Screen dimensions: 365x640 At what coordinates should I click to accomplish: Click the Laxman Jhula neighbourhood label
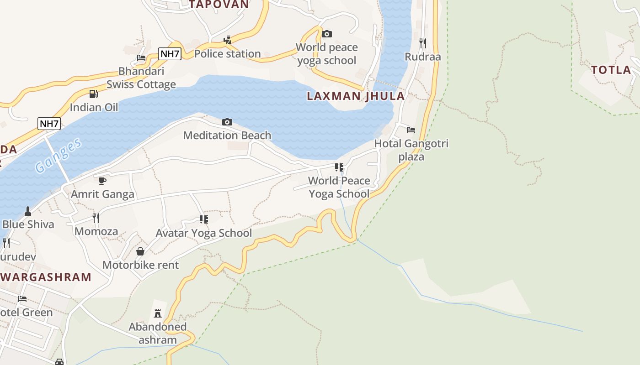(356, 96)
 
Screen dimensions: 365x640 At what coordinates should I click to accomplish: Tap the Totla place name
(611, 70)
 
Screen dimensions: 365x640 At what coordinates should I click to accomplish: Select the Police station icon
(227, 40)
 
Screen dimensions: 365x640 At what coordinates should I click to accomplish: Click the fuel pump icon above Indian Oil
(93, 94)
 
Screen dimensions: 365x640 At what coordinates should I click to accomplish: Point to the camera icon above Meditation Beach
(227, 122)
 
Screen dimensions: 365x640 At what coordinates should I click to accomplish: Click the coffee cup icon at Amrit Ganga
(102, 181)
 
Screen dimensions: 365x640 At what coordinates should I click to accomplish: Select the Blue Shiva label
(28, 224)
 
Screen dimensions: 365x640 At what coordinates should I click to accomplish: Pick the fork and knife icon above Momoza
(96, 218)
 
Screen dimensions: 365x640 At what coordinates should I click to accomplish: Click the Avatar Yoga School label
(203, 233)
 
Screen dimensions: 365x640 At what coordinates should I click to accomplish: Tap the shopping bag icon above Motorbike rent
(140, 251)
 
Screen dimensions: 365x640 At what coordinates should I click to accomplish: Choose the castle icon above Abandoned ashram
(158, 313)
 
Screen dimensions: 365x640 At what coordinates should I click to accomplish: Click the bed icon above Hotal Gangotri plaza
(411, 130)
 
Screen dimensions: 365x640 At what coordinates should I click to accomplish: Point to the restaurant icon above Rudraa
(423, 43)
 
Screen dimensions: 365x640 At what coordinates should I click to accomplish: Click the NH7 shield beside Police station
(170, 54)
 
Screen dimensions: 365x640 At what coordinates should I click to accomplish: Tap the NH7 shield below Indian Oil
(49, 124)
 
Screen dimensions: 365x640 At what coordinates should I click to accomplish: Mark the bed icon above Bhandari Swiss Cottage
(141, 58)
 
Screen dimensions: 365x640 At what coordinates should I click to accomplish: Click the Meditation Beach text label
(227, 136)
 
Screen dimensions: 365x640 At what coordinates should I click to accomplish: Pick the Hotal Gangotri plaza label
(411, 150)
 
